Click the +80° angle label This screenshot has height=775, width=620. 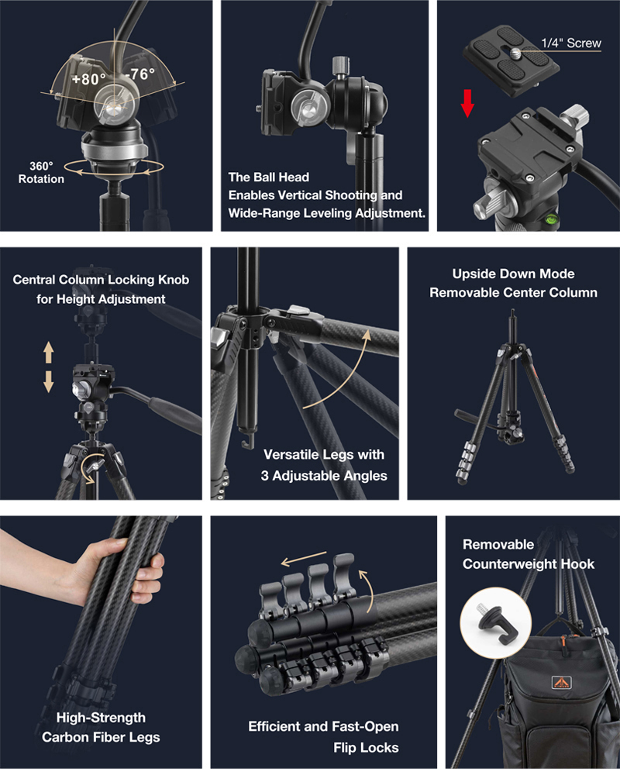(x=89, y=78)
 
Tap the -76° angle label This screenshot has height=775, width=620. (x=140, y=74)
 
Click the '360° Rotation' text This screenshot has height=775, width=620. (x=41, y=173)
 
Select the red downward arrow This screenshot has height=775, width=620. (x=467, y=103)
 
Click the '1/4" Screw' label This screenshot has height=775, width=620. (x=571, y=43)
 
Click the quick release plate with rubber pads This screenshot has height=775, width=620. (x=511, y=60)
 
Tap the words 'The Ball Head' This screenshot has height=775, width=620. (x=268, y=177)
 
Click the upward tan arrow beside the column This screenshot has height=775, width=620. (x=49, y=353)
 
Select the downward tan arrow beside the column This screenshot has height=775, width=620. (x=49, y=381)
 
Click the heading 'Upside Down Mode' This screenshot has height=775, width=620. (x=513, y=274)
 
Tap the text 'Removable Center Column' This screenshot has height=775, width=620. (x=513, y=293)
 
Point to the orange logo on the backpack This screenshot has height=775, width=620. (x=562, y=683)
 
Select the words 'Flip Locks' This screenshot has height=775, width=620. (x=366, y=747)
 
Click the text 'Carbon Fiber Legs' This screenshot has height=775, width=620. (x=101, y=737)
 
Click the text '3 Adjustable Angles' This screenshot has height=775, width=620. (x=324, y=476)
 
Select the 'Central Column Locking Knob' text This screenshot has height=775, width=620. (x=101, y=280)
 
